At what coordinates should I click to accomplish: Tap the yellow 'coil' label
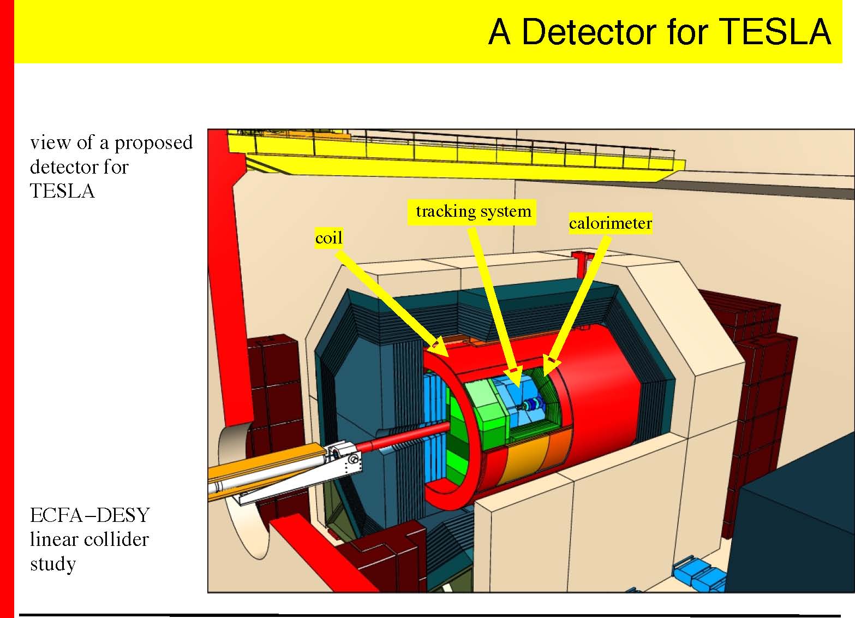(x=329, y=238)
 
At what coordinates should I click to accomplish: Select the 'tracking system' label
(x=473, y=212)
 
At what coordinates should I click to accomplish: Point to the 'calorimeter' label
(x=610, y=223)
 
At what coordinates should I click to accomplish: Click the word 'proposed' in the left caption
(x=153, y=144)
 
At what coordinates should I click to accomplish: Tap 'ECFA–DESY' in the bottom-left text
(x=90, y=515)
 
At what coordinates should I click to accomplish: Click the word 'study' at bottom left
(x=52, y=563)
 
